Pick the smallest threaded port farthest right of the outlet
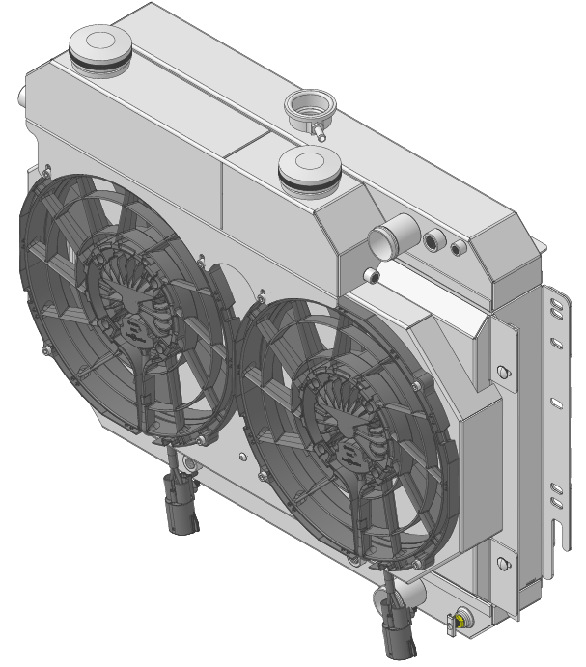click(459, 248)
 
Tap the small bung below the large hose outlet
click(373, 276)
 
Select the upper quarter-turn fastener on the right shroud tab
click(500, 371)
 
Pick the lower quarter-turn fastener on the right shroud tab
click(500, 560)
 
